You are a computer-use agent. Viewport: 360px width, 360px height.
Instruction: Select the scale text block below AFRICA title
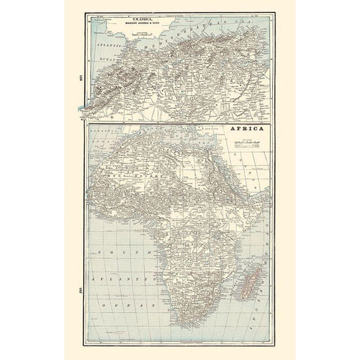pos(247,142)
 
